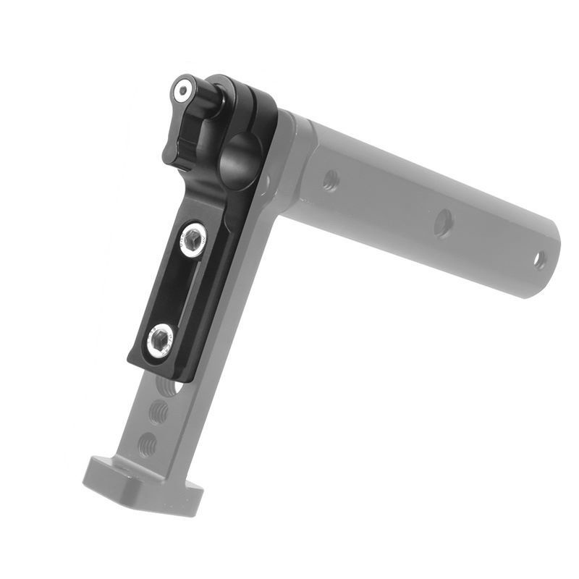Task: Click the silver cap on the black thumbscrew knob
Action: tap(182, 90)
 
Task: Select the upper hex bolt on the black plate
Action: tap(193, 239)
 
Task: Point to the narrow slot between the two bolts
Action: tap(176, 289)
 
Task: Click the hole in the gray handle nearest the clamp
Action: tap(330, 180)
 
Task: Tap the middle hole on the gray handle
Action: tap(443, 223)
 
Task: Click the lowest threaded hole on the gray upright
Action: tap(147, 441)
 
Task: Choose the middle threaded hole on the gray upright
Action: tap(159, 413)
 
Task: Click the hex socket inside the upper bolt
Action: tap(193, 239)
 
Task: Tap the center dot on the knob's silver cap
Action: tap(182, 90)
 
